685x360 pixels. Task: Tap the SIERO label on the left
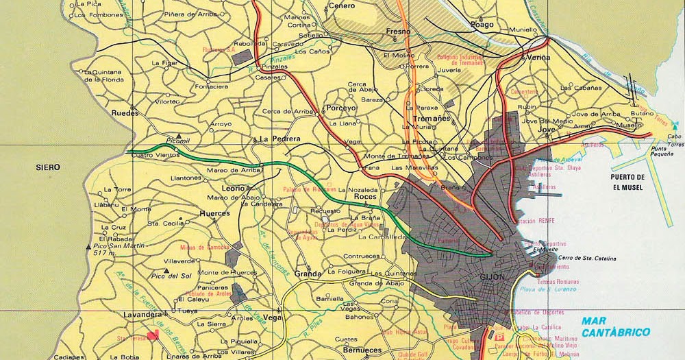pos(48,167)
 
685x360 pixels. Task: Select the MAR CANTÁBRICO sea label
pos(614,326)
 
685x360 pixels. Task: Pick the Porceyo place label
pos(340,108)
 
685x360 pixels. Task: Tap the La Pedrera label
pos(280,139)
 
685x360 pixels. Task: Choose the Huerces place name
pos(214,213)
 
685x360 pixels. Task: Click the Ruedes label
pos(125,112)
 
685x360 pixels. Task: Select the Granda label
pos(308,274)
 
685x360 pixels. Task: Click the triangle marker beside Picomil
pos(179,136)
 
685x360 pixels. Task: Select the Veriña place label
pos(537,58)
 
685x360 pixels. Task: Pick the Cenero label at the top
pos(341,5)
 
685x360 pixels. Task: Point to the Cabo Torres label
pos(675,140)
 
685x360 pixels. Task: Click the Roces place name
pos(365,197)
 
